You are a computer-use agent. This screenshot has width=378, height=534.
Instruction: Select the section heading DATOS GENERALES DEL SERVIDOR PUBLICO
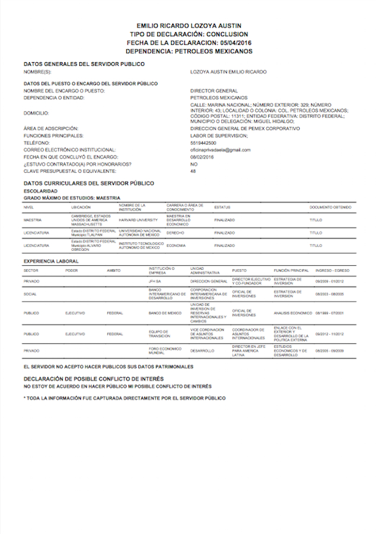coord(84,64)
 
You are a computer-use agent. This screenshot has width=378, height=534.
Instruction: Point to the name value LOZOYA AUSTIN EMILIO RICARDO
coord(228,72)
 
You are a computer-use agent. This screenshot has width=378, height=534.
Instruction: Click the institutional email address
coord(220,150)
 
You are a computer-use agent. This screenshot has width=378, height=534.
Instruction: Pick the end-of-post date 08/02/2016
coord(202,157)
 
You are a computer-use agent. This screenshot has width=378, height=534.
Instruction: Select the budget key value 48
coord(193,171)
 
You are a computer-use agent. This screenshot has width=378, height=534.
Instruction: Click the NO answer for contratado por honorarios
coord(194,164)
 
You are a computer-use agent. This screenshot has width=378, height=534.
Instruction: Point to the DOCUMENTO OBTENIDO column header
coord(330,208)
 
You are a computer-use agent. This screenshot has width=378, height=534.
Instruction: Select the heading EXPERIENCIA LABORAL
coord(51,261)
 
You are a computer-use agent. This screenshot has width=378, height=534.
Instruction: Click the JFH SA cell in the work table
coord(156,282)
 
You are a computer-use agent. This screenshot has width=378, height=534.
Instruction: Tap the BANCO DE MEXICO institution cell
coord(165,313)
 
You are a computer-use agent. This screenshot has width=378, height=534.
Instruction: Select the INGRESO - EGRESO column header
coord(332,269)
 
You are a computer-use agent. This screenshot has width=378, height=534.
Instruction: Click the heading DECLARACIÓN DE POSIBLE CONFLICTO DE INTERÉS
coord(93,379)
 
